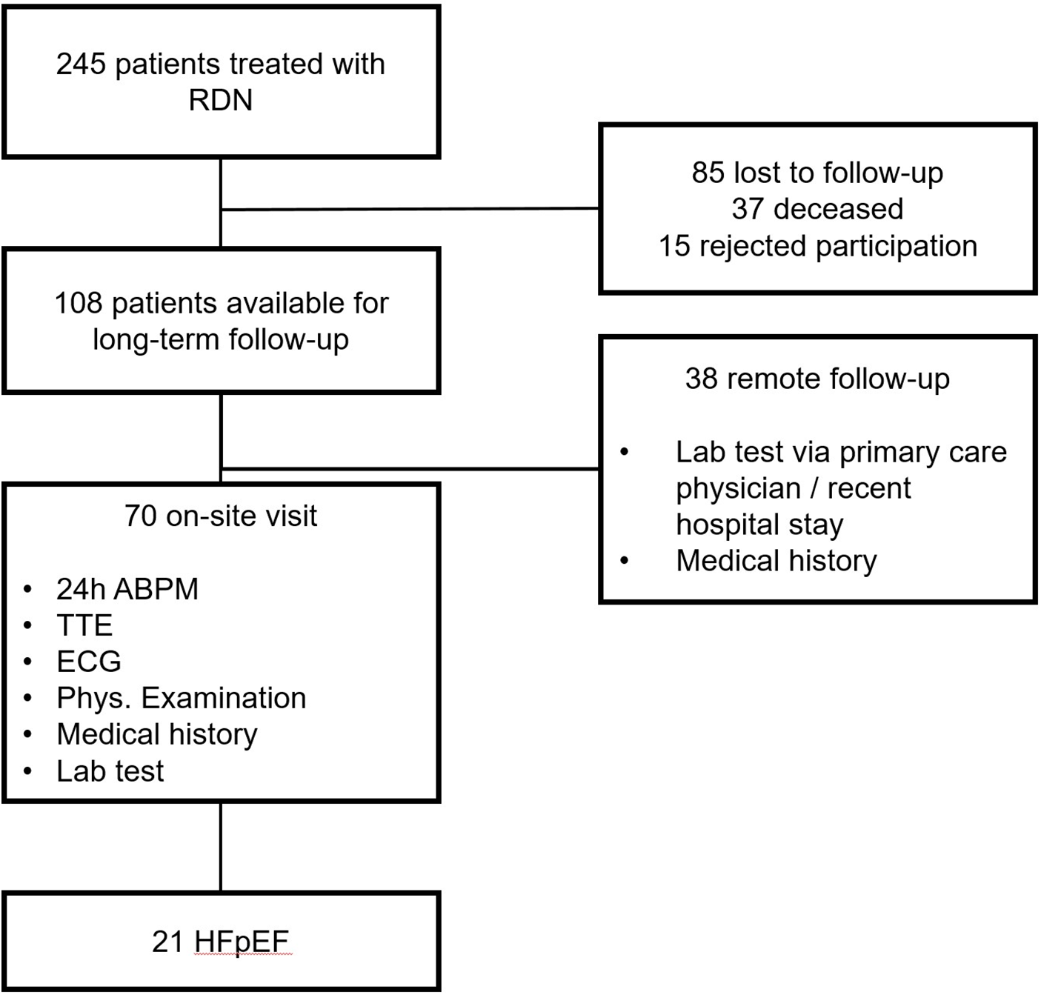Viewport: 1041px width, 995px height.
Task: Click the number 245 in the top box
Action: click(81, 64)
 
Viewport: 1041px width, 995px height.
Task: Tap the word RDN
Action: click(221, 101)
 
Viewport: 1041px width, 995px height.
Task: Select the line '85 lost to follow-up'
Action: click(817, 173)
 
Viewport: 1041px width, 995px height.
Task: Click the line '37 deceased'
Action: click(817, 209)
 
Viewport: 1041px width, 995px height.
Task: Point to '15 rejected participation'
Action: click(817, 246)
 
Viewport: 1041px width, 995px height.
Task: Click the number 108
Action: click(78, 304)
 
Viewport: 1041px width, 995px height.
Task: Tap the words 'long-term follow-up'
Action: click(221, 340)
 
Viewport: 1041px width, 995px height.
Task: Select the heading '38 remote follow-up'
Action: click(817, 379)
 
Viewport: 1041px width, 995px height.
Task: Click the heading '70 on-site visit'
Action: click(221, 516)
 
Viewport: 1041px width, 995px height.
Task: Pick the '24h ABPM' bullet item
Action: click(127, 590)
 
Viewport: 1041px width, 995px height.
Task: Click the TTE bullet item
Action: click(84, 626)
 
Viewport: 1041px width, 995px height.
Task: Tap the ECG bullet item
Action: click(89, 662)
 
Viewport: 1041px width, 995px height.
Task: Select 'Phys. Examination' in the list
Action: click(181, 698)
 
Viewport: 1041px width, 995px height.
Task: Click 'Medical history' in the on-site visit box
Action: click(157, 734)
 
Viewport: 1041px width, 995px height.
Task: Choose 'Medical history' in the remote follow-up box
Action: click(776, 561)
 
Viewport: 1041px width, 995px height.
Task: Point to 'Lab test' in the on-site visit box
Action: click(110, 771)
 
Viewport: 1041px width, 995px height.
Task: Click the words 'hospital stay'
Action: click(759, 525)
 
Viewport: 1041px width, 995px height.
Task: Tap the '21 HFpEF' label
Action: click(221, 942)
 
